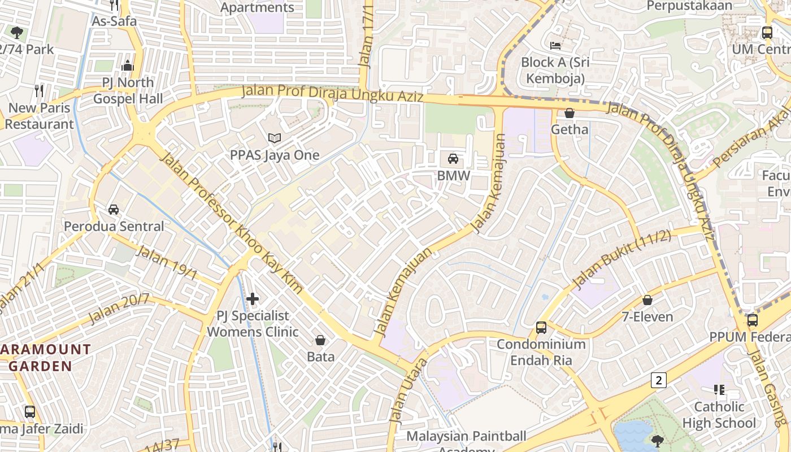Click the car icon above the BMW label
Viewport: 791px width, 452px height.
[453, 159]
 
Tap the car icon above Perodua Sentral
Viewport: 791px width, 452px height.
[114, 210]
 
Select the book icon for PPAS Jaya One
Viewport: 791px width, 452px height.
[275, 138]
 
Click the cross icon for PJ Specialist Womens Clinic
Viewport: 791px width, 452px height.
[253, 298]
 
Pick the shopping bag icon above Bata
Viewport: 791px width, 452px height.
[320, 340]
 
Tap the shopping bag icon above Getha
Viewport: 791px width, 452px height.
[570, 113]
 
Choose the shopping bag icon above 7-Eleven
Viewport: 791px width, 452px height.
[647, 300]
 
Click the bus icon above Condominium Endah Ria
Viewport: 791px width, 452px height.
[541, 327]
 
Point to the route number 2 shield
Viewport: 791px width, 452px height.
[658, 380]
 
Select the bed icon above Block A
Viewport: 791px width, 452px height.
[555, 45]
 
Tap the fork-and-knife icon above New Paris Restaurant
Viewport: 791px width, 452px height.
[39, 90]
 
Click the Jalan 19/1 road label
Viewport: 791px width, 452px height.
[166, 263]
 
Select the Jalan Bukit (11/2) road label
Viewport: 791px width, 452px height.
[621, 259]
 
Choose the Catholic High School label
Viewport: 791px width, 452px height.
[719, 415]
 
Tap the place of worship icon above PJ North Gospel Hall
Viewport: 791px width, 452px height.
[128, 66]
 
